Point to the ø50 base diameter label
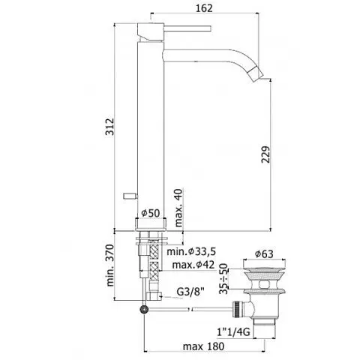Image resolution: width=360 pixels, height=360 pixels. pyautogui.click(x=153, y=213)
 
